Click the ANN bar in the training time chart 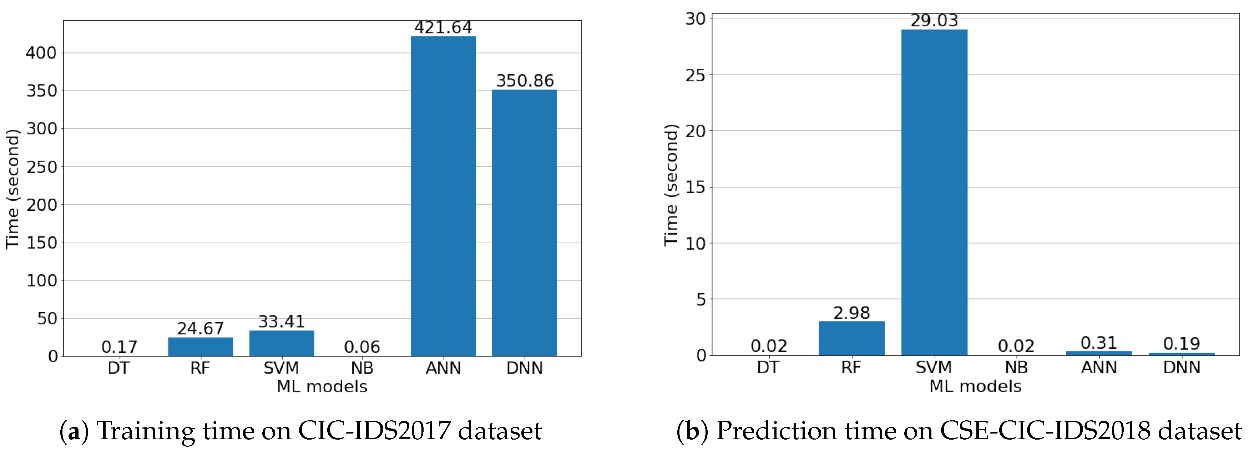(443, 196)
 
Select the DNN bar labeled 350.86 (524, 223)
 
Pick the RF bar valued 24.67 (200, 347)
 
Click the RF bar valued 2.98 (851, 338)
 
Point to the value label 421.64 (443, 27)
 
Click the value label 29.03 (934, 20)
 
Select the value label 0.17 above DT (119, 347)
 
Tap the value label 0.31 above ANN (1099, 343)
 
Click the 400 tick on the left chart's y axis (41, 53)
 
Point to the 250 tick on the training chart (41, 167)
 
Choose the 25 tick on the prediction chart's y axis (695, 75)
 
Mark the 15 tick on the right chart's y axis (695, 187)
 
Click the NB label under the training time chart (362, 368)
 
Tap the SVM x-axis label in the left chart (281, 368)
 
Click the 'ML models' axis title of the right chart (975, 386)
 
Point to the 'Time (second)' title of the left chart (12, 189)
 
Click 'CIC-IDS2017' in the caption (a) (371, 430)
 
